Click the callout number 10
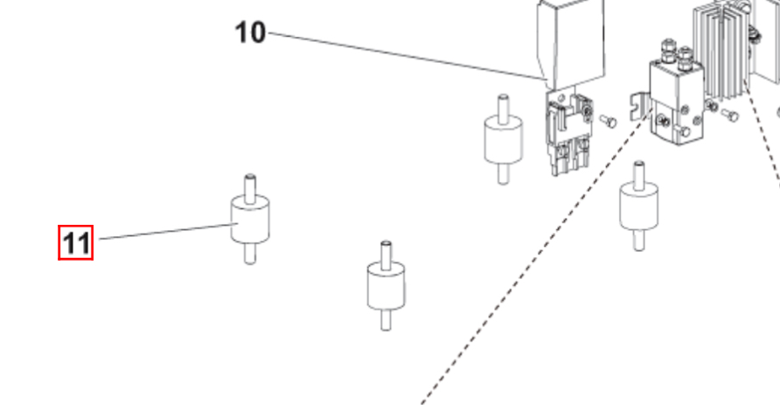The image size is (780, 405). point(250,33)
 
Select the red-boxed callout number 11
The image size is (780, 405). point(75,243)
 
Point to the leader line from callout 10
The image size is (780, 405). point(407,56)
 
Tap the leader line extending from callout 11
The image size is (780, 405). point(168,231)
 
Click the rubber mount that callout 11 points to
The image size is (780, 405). point(250,220)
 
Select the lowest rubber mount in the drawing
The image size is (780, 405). point(386,286)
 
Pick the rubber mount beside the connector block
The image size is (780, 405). point(503,139)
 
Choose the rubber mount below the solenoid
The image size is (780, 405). point(638,206)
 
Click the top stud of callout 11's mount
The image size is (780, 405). point(250,187)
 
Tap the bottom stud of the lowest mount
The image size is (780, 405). point(386,319)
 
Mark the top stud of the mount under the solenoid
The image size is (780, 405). point(638,174)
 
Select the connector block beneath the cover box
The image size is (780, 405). point(569,132)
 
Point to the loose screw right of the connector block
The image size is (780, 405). point(608,121)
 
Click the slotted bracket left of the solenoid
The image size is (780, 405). point(640,107)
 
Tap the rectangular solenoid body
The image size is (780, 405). point(677,102)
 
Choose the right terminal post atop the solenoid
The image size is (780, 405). point(685,57)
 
